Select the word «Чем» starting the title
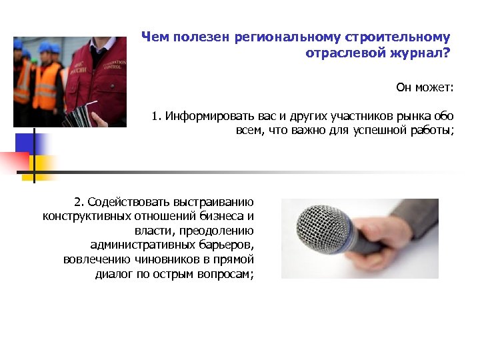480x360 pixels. point(155,37)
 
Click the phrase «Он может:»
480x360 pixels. point(425,87)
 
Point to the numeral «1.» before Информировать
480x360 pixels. point(157,117)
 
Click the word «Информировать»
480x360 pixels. point(209,117)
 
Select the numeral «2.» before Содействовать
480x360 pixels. point(79,202)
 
